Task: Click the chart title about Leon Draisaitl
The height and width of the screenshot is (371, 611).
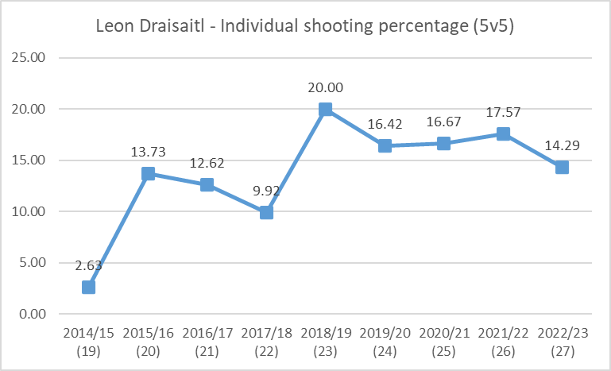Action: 305,25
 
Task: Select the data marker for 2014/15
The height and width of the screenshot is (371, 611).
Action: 89,287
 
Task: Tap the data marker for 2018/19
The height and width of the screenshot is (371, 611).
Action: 325,110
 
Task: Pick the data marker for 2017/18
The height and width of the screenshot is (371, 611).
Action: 266,212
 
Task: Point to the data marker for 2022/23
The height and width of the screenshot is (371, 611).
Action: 562,167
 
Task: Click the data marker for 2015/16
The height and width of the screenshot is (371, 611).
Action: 148,173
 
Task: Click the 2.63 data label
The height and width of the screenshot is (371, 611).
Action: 89,266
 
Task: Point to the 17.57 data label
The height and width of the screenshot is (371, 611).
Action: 503,114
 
